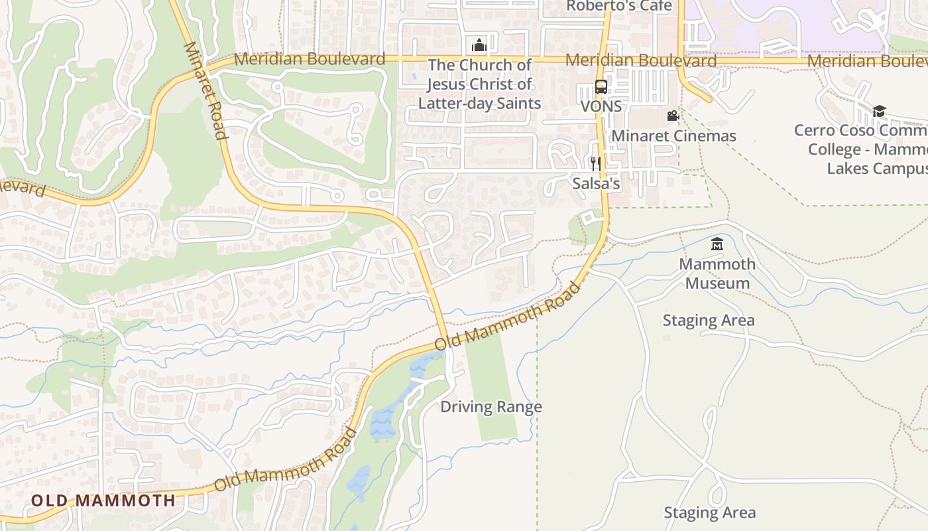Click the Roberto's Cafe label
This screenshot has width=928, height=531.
[618, 6]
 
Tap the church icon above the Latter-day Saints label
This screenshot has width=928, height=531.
[479, 45]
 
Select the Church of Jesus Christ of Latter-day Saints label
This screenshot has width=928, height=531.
[479, 84]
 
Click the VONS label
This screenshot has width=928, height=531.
[601, 106]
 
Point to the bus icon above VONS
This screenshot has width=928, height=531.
[601, 87]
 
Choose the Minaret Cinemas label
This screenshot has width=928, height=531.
[673, 136]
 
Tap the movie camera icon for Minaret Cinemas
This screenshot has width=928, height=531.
[673, 116]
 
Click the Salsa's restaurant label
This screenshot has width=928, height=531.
[597, 183]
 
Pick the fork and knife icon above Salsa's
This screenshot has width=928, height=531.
[596, 163]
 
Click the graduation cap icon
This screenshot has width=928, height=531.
[879, 111]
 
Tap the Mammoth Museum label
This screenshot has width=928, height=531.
[717, 273]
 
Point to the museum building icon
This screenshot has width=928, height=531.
[717, 245]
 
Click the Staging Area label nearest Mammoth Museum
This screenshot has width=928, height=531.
[709, 321]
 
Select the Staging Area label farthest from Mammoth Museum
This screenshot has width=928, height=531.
[709, 512]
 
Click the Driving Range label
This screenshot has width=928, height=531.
[491, 407]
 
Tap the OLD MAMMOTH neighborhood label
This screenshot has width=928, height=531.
[103, 500]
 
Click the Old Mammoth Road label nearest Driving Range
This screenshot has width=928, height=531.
[508, 316]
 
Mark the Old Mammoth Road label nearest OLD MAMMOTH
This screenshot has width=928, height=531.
[286, 460]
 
